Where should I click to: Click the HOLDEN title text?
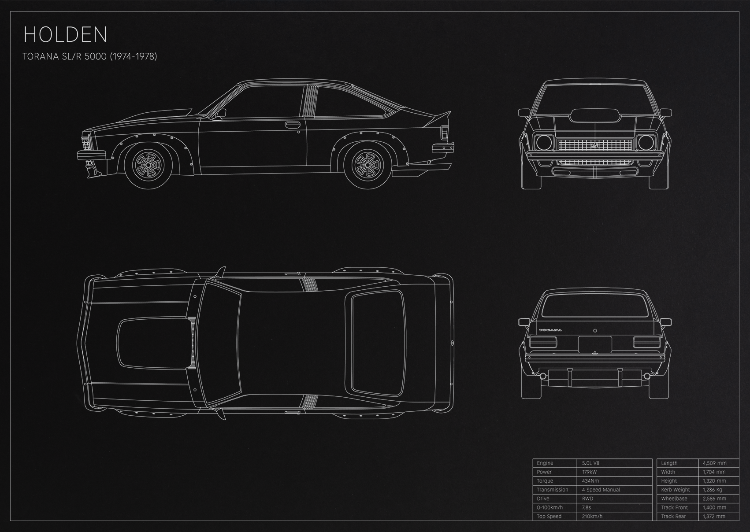[x=65, y=34]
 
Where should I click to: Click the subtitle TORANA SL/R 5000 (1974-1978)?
[x=90, y=56]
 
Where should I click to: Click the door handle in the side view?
[x=293, y=125]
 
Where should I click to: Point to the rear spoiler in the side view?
[x=437, y=119]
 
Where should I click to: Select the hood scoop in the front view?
[x=595, y=115]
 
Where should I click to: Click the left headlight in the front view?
[x=544, y=143]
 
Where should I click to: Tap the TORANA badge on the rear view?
[x=550, y=330]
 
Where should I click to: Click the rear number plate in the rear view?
[x=595, y=344]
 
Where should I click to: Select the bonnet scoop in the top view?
[x=155, y=343]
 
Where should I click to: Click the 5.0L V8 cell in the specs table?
[x=590, y=463]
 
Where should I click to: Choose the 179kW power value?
[x=589, y=472]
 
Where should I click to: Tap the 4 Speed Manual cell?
[x=601, y=490]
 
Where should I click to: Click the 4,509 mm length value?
[x=714, y=463]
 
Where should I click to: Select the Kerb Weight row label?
[x=676, y=490]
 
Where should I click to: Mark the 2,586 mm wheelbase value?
[x=714, y=499]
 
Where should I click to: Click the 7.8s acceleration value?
[x=586, y=508]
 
